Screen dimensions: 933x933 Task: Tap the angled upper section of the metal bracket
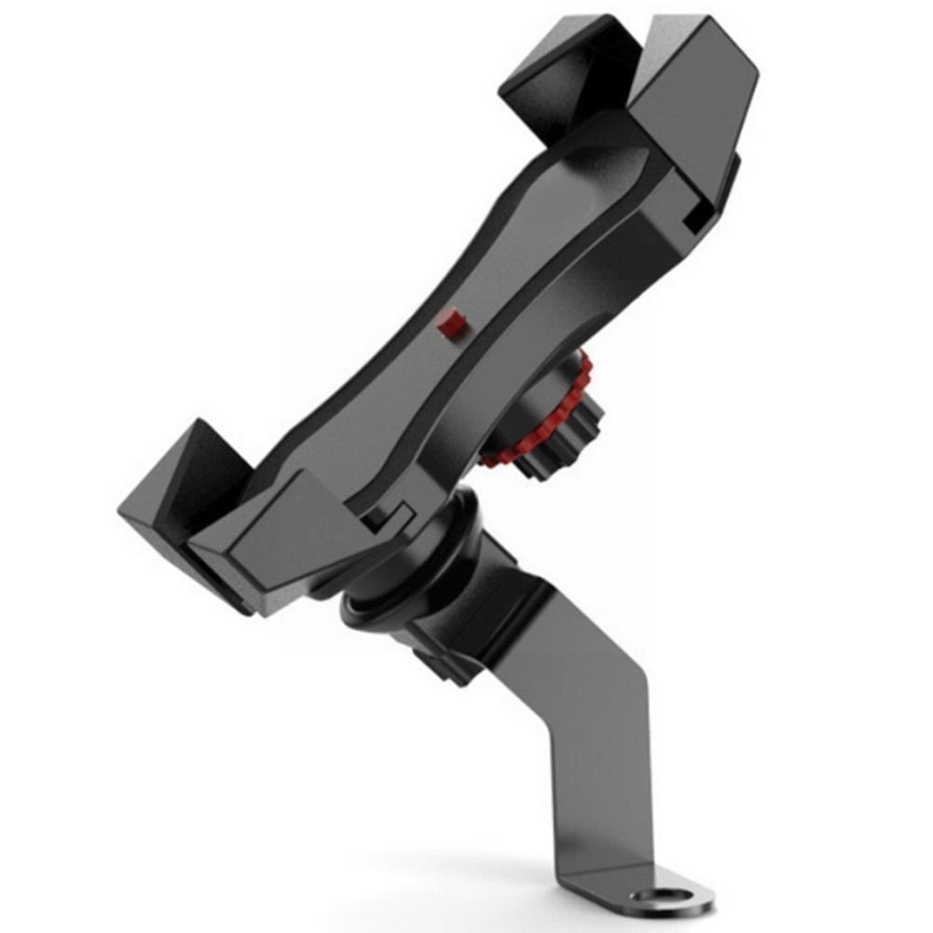pos(541,634)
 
